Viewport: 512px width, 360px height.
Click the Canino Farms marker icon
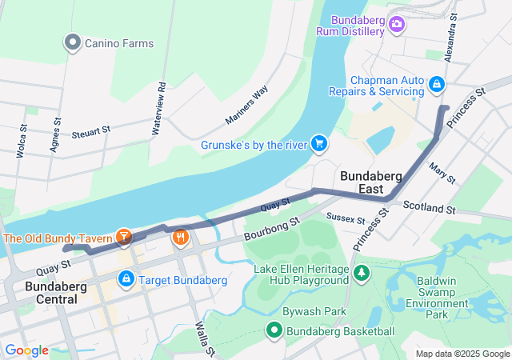tap(73, 42)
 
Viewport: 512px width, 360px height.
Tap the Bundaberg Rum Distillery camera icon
tap(396, 26)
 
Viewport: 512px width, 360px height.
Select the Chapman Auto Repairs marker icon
tap(436, 83)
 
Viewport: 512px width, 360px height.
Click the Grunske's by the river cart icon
tap(319, 144)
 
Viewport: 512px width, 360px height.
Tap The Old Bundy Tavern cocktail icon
tap(124, 237)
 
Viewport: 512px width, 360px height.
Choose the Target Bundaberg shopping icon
tap(126, 280)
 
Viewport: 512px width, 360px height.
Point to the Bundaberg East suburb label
tap(361, 182)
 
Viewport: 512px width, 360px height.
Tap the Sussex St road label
tap(346, 218)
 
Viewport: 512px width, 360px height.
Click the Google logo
tap(26, 350)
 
